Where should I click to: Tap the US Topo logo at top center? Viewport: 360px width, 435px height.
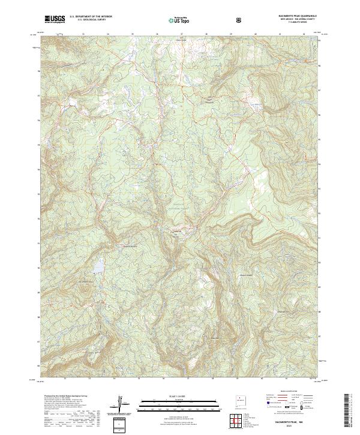tap(175, 20)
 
